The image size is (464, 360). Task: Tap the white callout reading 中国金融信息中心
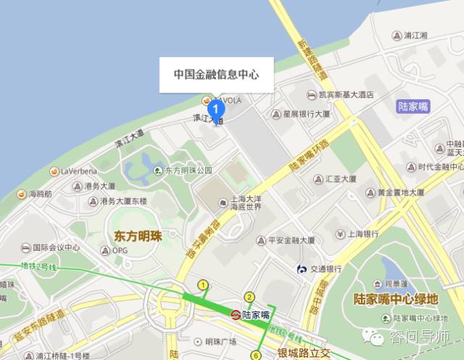click(217, 75)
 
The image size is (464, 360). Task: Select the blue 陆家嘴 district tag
click(413, 106)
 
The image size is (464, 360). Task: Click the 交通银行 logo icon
click(301, 269)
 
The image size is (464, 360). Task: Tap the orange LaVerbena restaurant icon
click(54, 171)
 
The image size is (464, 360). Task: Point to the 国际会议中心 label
click(55, 247)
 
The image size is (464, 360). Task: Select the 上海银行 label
click(362, 234)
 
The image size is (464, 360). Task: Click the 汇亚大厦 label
click(340, 178)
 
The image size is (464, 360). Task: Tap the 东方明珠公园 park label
click(188, 170)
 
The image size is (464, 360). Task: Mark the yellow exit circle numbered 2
click(249, 297)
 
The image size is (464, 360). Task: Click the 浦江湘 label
click(415, 35)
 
